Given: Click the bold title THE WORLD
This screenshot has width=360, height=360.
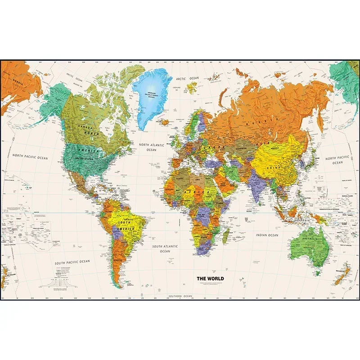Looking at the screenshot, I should tap(210, 279).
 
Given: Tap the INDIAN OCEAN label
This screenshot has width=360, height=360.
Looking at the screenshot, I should tap(267, 235).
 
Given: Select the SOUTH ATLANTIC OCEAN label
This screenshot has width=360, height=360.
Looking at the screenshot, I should tap(165, 248).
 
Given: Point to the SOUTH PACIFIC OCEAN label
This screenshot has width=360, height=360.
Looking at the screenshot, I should tap(72, 261).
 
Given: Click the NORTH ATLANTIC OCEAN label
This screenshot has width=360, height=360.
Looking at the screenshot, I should tap(152, 147).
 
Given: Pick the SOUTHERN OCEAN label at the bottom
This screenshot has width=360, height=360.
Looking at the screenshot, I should tap(180, 296).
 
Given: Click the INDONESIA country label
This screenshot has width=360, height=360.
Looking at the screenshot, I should tap(303, 220).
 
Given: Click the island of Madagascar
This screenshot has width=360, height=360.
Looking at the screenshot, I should tap(226, 235).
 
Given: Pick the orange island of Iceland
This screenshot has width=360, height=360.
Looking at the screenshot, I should tap(165, 121).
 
